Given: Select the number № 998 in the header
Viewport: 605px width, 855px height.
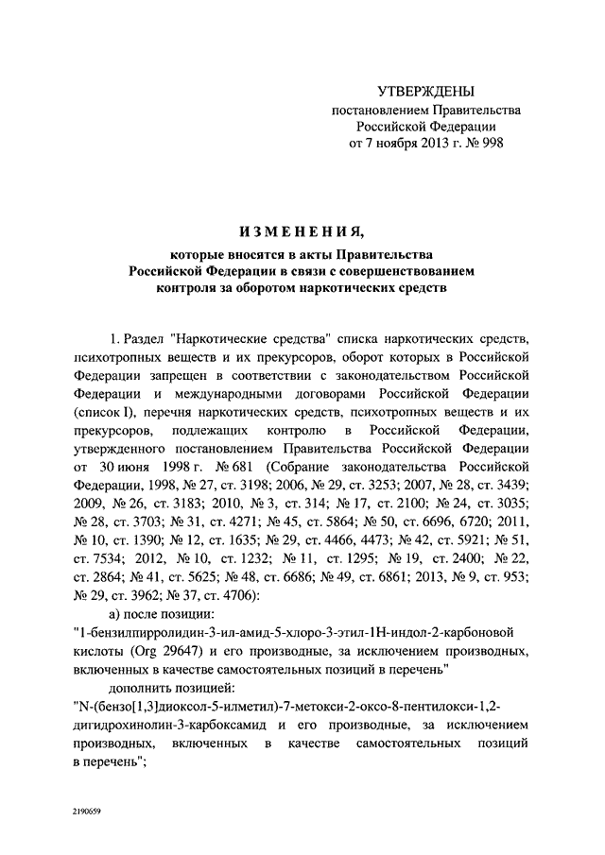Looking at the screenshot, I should pyautogui.click(x=483, y=143).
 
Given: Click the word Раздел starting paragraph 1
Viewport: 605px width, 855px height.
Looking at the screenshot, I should pyautogui.click(x=144, y=338).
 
